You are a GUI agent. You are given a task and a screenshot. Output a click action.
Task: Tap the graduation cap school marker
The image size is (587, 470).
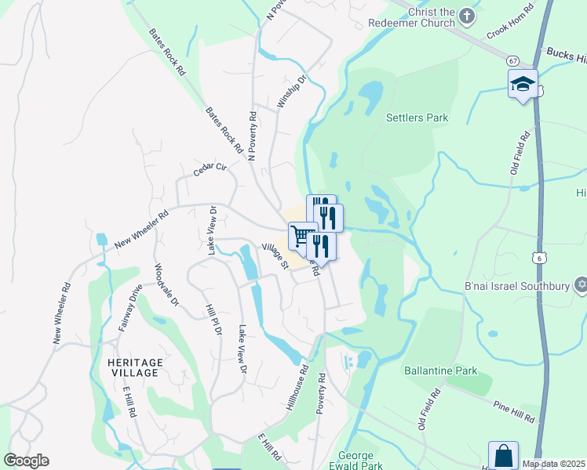(522, 84)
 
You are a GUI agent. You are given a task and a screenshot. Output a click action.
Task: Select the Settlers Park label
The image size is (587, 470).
(417, 118)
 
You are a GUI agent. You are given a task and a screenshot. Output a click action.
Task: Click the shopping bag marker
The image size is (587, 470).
(503, 455)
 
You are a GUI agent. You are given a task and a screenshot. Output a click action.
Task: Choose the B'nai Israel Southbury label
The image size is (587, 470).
(516, 285)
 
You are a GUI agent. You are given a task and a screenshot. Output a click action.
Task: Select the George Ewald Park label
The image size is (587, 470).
(360, 461)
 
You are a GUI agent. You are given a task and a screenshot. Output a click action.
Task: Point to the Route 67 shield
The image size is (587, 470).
(512, 60)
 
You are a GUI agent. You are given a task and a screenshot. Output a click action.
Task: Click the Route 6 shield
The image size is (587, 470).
(538, 256)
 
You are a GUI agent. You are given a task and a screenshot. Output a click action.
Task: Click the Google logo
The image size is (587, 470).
(26, 461)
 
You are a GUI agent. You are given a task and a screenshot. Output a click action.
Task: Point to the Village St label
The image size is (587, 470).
(275, 255)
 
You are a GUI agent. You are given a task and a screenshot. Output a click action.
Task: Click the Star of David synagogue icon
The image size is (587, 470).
(581, 284)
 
